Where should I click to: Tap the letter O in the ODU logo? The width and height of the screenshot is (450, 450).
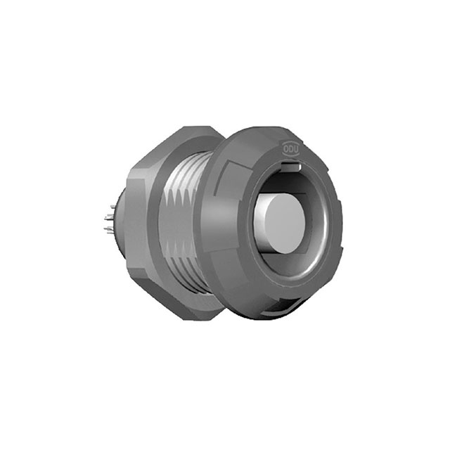pos(285,148)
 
